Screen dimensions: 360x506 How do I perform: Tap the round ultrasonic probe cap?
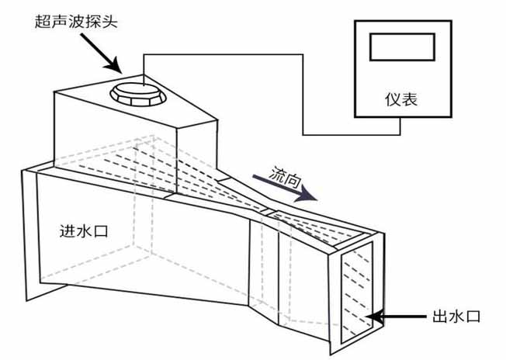(137, 93)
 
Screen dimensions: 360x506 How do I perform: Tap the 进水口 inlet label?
(81, 230)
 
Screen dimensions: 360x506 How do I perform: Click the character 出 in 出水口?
(440, 316)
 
